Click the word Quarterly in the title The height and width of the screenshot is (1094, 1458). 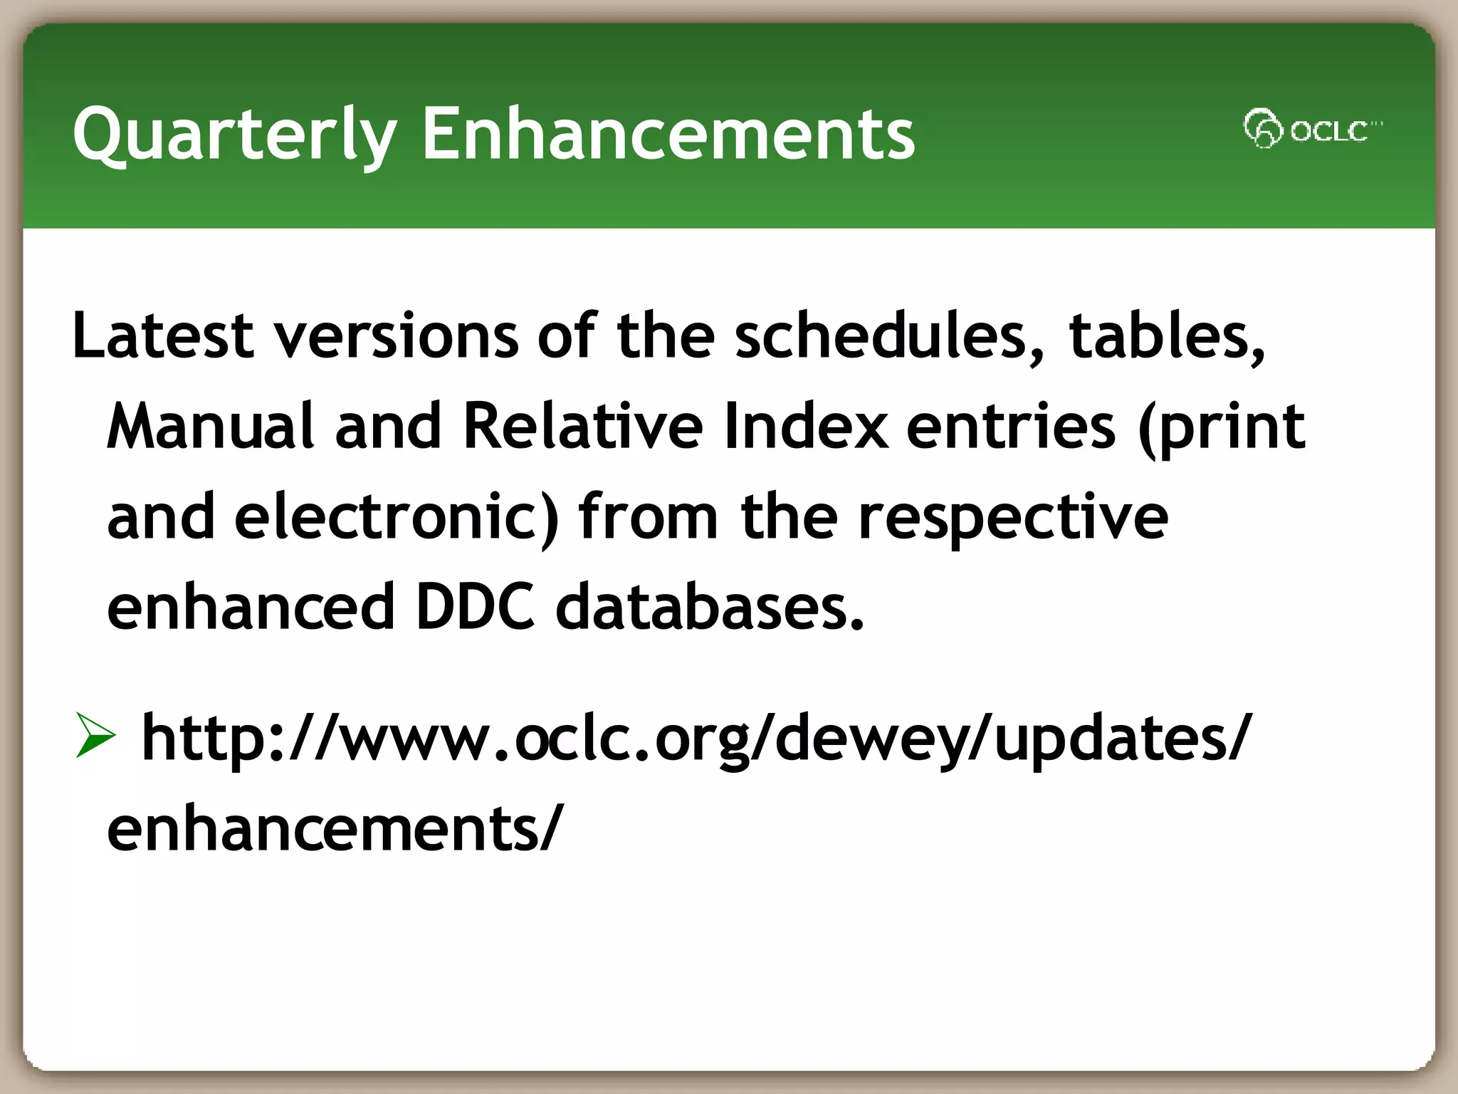point(235,134)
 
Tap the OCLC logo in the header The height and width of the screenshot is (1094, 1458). point(1311,130)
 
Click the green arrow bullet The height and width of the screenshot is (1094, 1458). point(95,736)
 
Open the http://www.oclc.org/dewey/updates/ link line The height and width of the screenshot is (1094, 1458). point(694,738)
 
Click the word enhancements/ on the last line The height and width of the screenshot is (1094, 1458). point(335,828)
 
